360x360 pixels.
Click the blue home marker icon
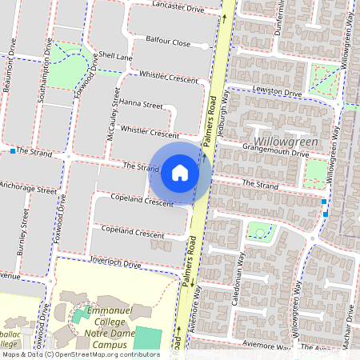[180, 172]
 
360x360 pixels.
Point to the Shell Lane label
[115, 57]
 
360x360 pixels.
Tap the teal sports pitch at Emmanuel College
[147, 337]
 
